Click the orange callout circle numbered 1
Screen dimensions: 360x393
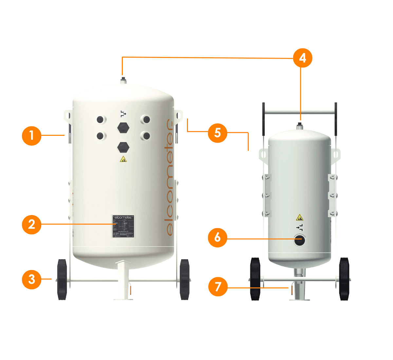pyautogui.click(x=31, y=135)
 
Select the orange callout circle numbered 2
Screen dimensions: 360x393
pyautogui.click(x=31, y=224)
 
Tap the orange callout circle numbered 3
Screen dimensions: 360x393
pyautogui.click(x=31, y=279)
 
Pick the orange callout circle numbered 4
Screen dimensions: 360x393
pyautogui.click(x=302, y=58)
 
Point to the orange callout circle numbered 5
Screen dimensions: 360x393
pyautogui.click(x=217, y=133)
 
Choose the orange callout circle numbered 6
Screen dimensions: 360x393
pyautogui.click(x=217, y=237)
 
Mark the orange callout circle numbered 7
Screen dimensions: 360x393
pyautogui.click(x=218, y=287)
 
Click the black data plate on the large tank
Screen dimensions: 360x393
pyautogui.click(x=123, y=226)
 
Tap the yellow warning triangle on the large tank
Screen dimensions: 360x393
pyautogui.click(x=123, y=159)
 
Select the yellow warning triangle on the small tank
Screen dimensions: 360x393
pyautogui.click(x=299, y=217)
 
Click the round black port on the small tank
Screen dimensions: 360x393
pyautogui.click(x=299, y=241)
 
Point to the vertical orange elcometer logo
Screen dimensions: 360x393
pyautogui.click(x=170, y=177)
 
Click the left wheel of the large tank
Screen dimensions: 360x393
pyautogui.click(x=62, y=279)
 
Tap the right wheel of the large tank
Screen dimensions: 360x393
pyautogui.click(x=185, y=279)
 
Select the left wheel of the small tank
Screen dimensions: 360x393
pyautogui.click(x=255, y=279)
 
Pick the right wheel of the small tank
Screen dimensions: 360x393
pyautogui.click(x=344, y=279)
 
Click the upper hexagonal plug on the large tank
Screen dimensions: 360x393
pyautogui.click(x=123, y=128)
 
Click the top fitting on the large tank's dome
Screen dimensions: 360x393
pyautogui.click(x=123, y=81)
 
